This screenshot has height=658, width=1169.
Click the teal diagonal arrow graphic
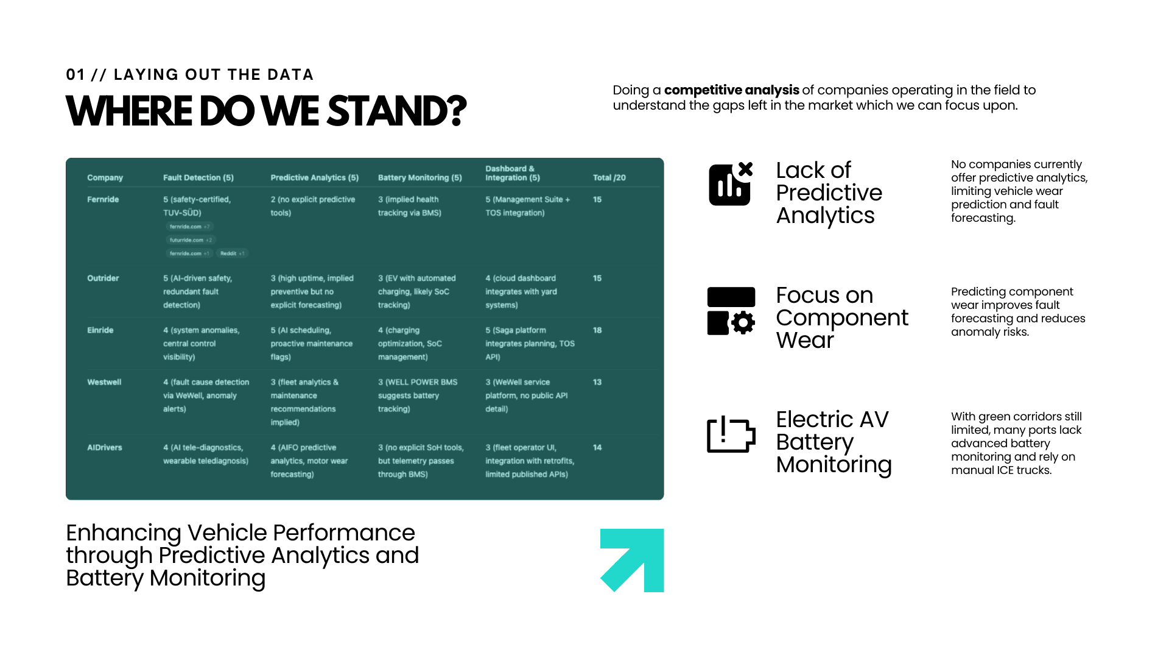pyautogui.click(x=632, y=560)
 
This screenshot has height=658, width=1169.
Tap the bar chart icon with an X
pyautogui.click(x=731, y=184)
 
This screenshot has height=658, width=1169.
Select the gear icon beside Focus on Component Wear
pyautogui.click(x=742, y=322)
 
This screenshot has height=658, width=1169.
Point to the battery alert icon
pyautogui.click(x=731, y=434)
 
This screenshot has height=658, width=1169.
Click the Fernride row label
pyautogui.click(x=103, y=199)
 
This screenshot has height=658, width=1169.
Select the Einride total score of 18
pyautogui.click(x=597, y=330)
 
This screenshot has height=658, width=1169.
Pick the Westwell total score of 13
pyautogui.click(x=597, y=382)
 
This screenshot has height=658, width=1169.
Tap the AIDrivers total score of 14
pyautogui.click(x=597, y=447)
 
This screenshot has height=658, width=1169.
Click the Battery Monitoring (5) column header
pyautogui.click(x=420, y=178)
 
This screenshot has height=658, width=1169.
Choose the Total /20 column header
pyautogui.click(x=609, y=178)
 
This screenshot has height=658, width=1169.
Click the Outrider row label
pyautogui.click(x=103, y=278)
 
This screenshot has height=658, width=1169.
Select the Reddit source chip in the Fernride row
pyautogui.click(x=232, y=253)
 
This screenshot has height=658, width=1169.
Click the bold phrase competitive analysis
pyautogui.click(x=731, y=90)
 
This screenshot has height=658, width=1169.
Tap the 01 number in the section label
pyautogui.click(x=75, y=75)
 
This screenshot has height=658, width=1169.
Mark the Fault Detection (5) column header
pyautogui.click(x=198, y=178)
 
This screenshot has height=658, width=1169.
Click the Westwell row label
pyautogui.click(x=104, y=382)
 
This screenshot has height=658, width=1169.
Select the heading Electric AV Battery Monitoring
pyautogui.click(x=834, y=442)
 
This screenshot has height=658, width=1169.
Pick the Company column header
pyautogui.click(x=105, y=178)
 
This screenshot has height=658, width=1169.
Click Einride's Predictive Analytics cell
pyautogui.click(x=311, y=344)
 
